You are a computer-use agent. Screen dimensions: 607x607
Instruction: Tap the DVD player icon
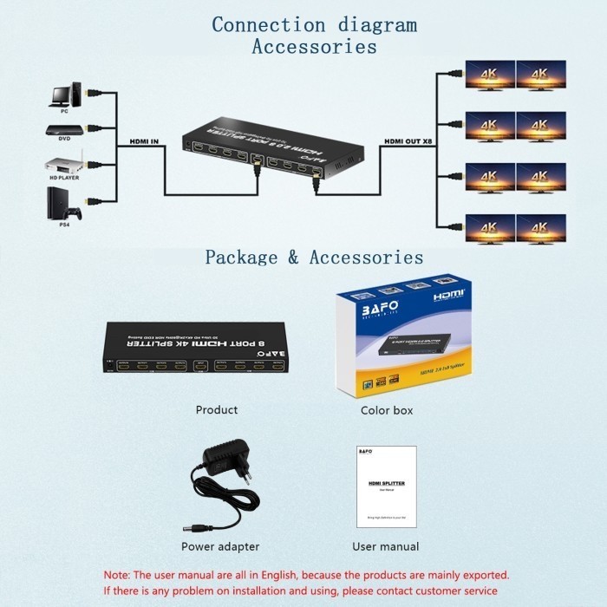[x=65, y=131]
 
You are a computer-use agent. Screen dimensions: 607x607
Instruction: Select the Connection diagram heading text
[x=314, y=24]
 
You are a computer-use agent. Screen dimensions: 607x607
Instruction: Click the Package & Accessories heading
[x=314, y=258]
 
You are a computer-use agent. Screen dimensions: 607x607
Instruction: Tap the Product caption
[x=216, y=409]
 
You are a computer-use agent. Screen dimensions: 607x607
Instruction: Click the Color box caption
[x=387, y=409]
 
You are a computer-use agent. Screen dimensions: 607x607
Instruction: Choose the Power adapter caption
[x=219, y=546]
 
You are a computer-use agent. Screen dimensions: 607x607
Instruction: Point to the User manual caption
[x=385, y=546]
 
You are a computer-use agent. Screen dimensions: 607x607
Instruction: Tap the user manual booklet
[x=387, y=486]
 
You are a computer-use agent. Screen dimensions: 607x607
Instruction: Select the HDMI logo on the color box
[x=448, y=296]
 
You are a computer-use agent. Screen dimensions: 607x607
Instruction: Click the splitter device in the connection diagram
[x=272, y=151]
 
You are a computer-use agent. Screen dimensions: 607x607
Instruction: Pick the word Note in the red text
[x=118, y=575]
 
